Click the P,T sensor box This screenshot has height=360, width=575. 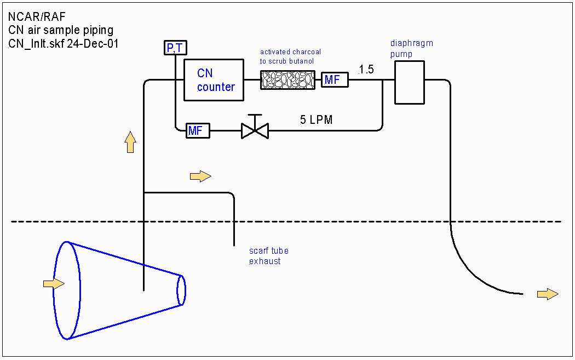pyautogui.click(x=175, y=48)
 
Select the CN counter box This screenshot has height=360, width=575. pyautogui.click(x=214, y=80)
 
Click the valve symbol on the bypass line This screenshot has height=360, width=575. pyautogui.click(x=255, y=130)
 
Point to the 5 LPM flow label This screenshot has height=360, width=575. pyautogui.click(x=316, y=120)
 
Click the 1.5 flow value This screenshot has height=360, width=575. pyautogui.click(x=366, y=70)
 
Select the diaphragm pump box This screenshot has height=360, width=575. pyautogui.click(x=410, y=82)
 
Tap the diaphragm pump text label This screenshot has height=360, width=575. pyautogui.click(x=411, y=48)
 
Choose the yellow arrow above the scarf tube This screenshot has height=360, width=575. pyautogui.click(x=200, y=176)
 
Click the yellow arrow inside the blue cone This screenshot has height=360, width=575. pyautogui.click(x=54, y=283)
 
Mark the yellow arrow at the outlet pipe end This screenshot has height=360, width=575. pyautogui.click(x=548, y=294)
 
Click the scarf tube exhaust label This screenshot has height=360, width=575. pyautogui.click(x=268, y=256)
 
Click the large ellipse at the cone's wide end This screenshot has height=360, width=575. pyautogui.click(x=67, y=290)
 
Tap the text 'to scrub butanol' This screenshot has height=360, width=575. pyautogui.click(x=287, y=61)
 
